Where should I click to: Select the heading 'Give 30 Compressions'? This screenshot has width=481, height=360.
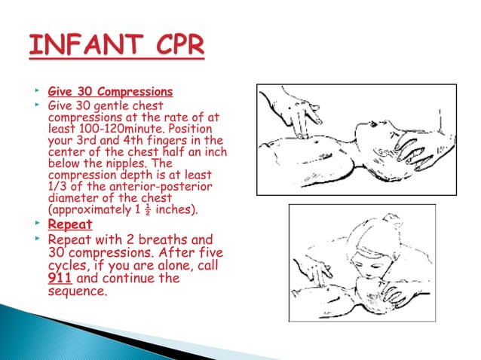click(110, 93)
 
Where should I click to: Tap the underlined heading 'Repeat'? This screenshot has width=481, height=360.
click(70, 224)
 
